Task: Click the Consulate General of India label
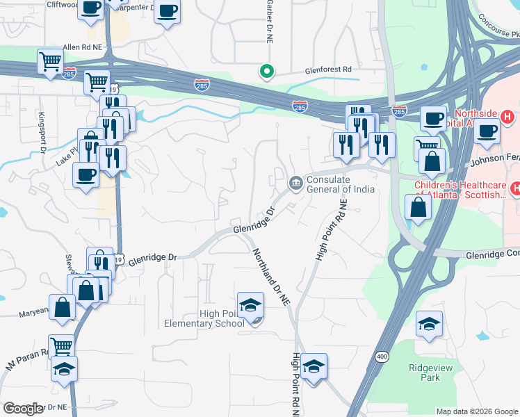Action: tap(341, 184)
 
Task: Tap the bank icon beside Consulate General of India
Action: tap(295, 183)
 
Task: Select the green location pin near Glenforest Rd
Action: tap(266, 70)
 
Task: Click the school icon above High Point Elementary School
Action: tap(250, 304)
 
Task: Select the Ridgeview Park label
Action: tap(425, 373)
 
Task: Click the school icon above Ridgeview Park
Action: tap(429, 323)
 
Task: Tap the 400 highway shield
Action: tap(382, 357)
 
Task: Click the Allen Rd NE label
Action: tap(82, 46)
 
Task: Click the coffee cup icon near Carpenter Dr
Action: tap(167, 12)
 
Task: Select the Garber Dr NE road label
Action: tap(268, 21)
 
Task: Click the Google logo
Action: tap(23, 409)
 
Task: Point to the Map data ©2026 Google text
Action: tap(477, 411)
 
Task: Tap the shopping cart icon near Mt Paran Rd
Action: tap(61, 345)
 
